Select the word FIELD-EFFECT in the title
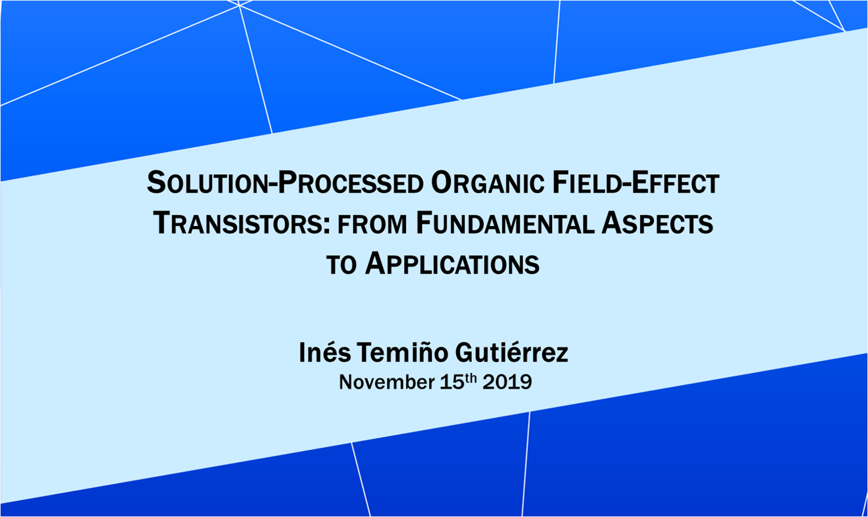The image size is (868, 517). click(x=636, y=183)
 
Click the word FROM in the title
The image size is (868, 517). click(x=372, y=225)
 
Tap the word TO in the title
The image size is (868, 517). click(x=341, y=265)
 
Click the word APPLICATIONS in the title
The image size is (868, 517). click(x=452, y=264)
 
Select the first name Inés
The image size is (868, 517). click(x=324, y=352)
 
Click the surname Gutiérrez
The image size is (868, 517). click(x=511, y=352)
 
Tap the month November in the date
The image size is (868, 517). click(x=387, y=382)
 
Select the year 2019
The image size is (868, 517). click(x=507, y=382)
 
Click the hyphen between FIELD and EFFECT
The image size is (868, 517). click(x=624, y=186)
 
